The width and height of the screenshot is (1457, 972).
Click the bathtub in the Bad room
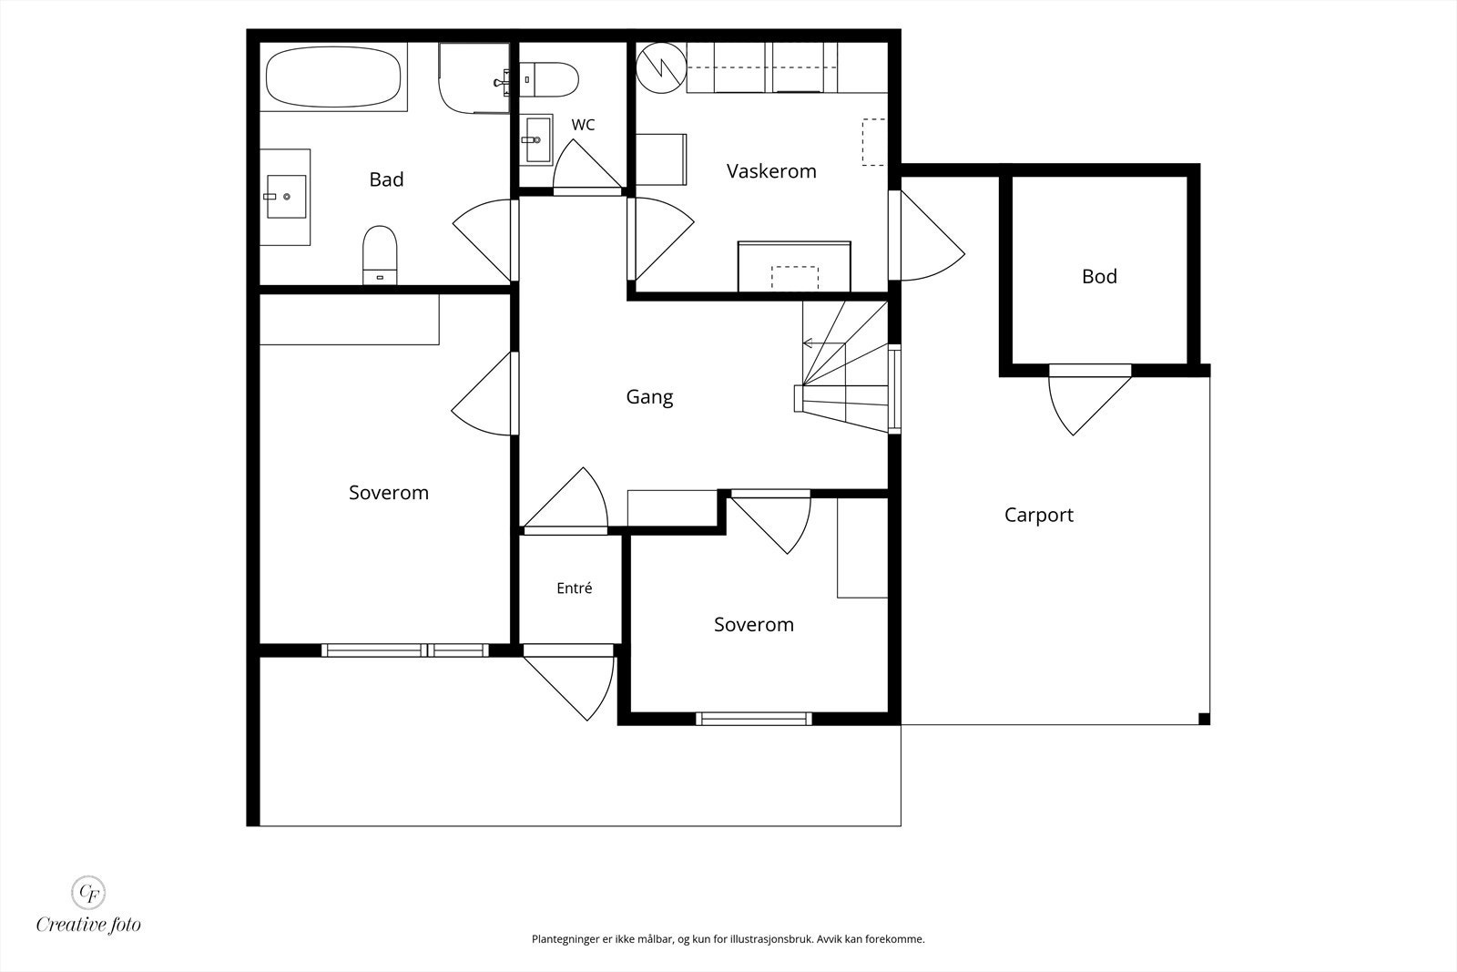(333, 77)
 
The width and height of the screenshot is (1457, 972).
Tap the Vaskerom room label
(770, 171)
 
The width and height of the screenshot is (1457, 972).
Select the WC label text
(583, 125)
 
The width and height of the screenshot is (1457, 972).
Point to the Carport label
(1039, 516)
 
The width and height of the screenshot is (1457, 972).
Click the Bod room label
(1099, 277)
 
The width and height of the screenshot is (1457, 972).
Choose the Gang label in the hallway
(649, 397)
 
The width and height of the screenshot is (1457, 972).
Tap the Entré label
(575, 588)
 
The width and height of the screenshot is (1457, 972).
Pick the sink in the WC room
(536, 139)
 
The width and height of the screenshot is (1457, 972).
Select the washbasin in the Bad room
(286, 197)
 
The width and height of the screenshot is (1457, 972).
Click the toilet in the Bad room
(380, 255)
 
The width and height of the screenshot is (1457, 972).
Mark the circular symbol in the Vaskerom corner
(661, 67)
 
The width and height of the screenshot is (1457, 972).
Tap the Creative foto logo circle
(87, 892)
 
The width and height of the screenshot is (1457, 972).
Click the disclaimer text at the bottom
(728, 939)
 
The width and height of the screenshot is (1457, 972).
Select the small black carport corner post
(1204, 719)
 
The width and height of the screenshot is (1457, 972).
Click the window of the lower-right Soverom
(754, 719)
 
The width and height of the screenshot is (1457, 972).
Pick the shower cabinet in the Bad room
(474, 78)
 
